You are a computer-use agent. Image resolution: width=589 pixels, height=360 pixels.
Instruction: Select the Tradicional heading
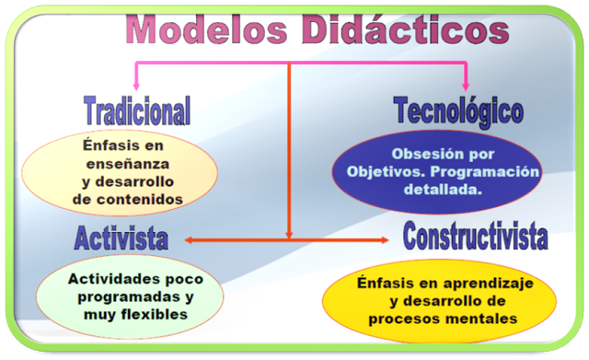pos(137,110)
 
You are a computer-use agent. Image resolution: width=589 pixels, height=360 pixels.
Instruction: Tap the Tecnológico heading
pos(458,110)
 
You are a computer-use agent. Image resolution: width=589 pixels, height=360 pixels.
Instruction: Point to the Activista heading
pos(121,238)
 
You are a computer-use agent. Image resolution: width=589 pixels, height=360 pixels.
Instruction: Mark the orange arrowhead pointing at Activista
pos(188,240)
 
